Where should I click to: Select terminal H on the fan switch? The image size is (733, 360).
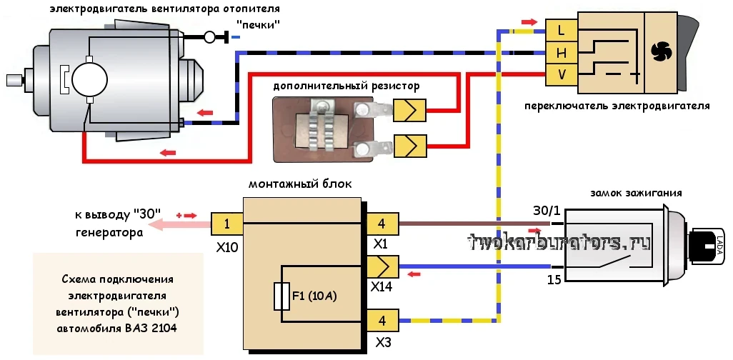[562, 54]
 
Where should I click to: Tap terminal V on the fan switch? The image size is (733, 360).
[562, 75]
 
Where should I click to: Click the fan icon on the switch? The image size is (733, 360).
[661, 52]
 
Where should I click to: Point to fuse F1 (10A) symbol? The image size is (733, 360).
[282, 296]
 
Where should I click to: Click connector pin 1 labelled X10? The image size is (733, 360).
[226, 224]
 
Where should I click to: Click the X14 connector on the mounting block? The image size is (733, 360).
[382, 267]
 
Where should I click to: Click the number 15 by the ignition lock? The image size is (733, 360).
[554, 280]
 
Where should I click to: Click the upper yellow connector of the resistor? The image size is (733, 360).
[409, 110]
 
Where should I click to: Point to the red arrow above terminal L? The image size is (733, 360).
[529, 22]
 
